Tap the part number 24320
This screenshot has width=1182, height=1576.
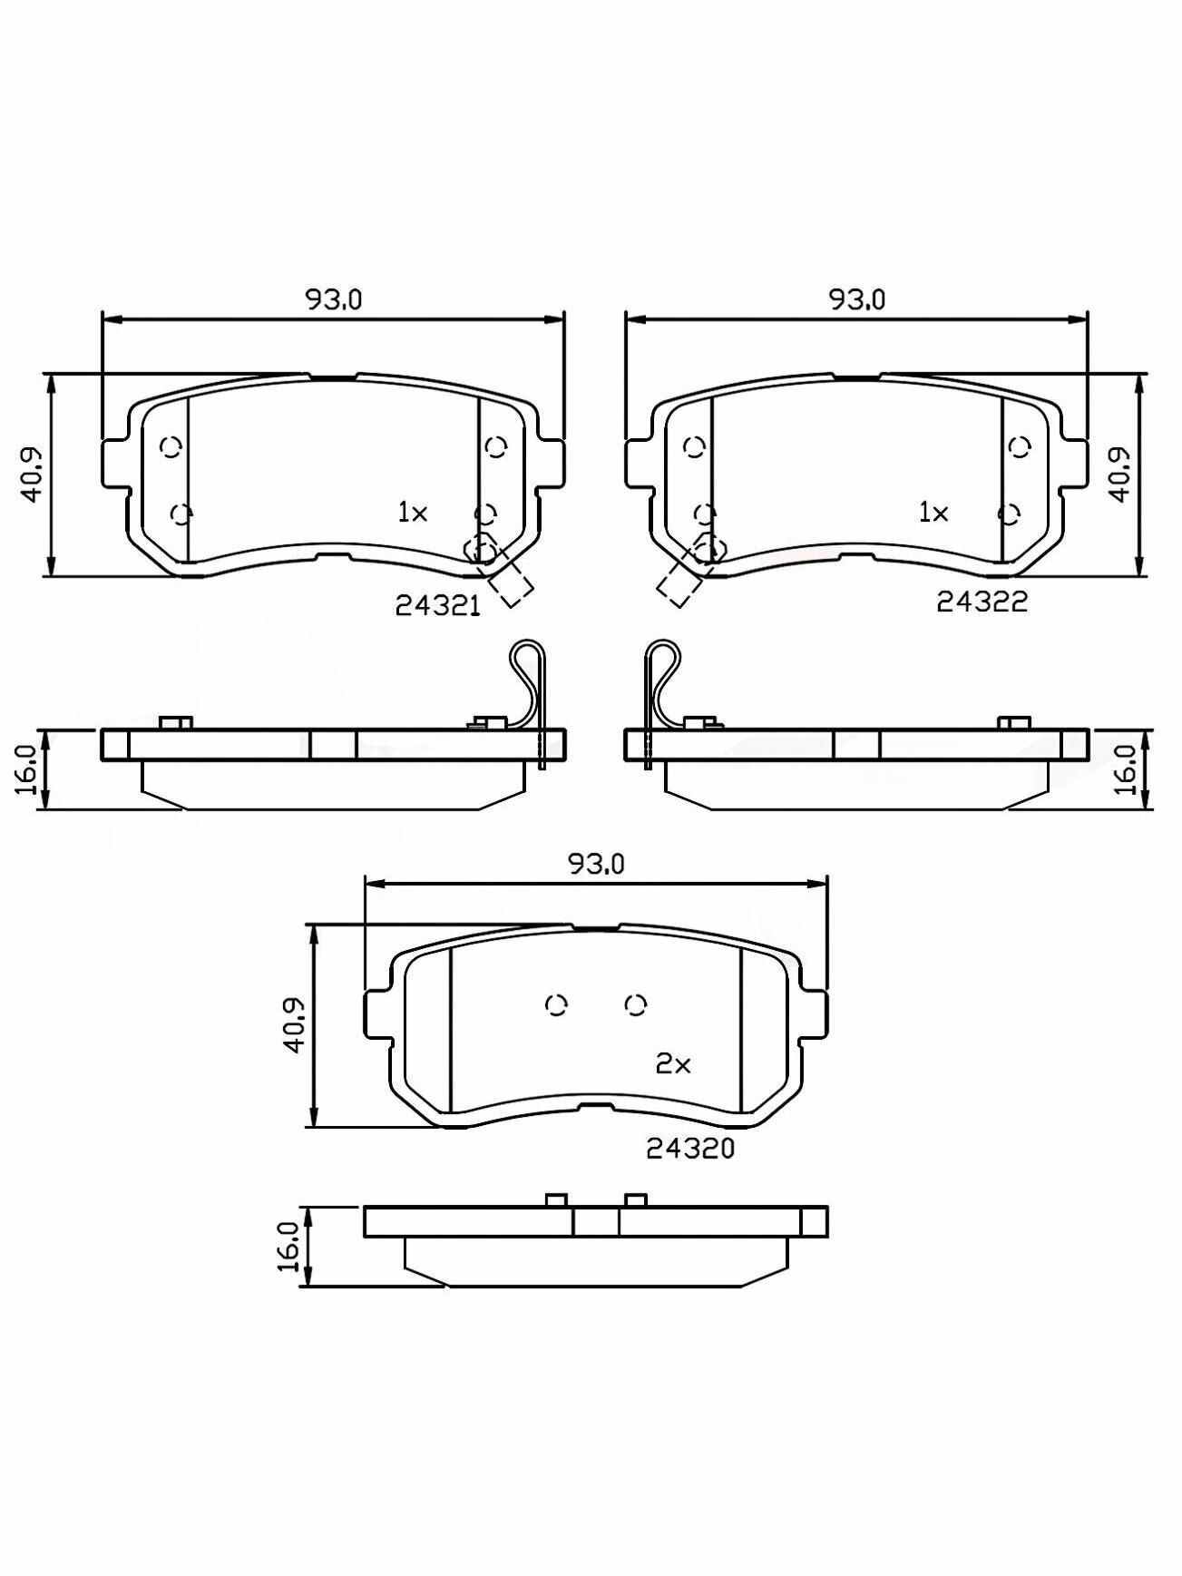[690, 1149]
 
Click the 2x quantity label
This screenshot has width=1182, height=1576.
[673, 1063]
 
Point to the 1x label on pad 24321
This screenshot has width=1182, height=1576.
[412, 513]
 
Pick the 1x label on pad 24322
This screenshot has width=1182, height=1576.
[933, 513]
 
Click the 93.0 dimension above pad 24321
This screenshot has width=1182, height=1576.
[333, 299]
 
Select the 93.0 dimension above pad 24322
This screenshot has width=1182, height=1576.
[856, 299]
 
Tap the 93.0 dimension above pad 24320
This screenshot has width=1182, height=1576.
[596, 864]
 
